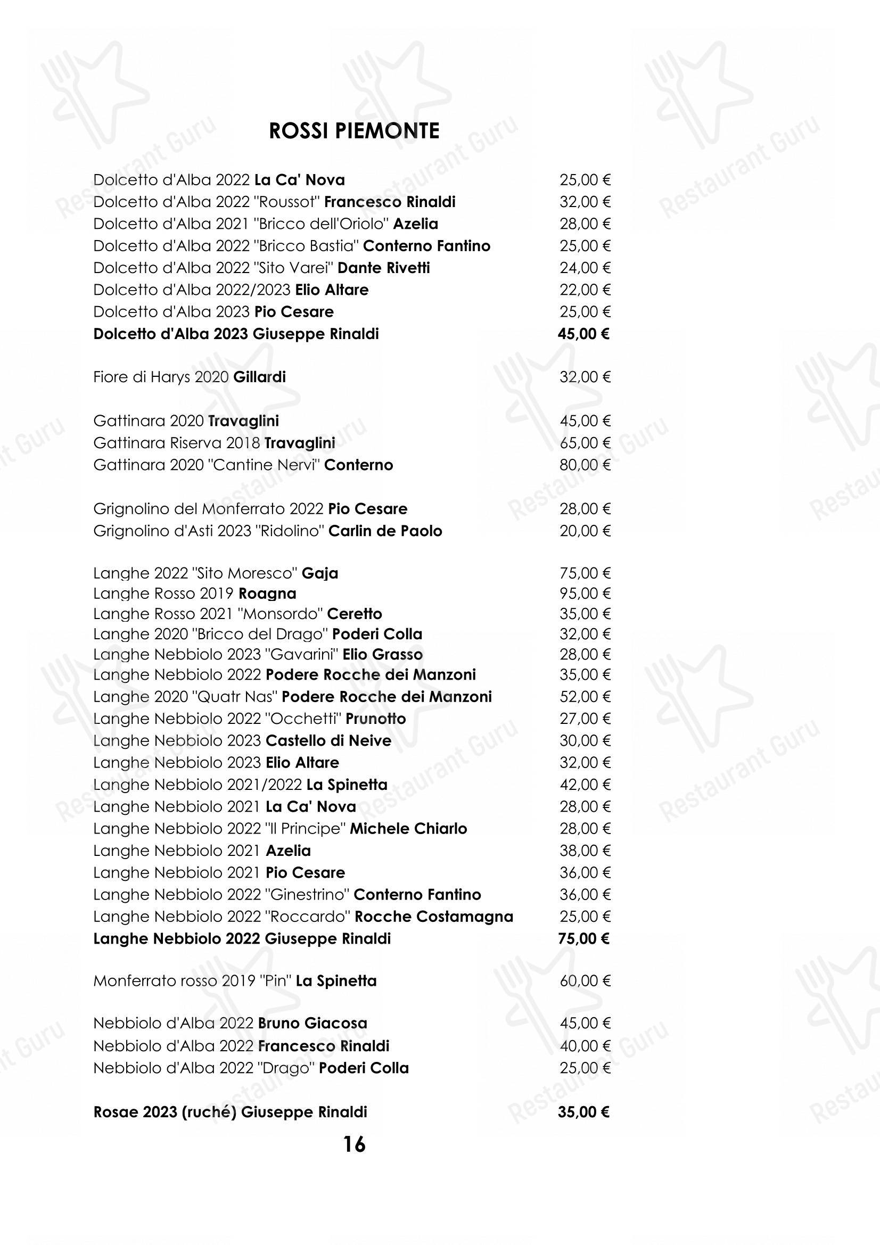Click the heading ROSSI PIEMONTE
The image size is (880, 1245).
pyautogui.click(x=354, y=131)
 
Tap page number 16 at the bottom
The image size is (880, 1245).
pyautogui.click(x=354, y=1144)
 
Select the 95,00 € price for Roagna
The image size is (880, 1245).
pyautogui.click(x=585, y=593)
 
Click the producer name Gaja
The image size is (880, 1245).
pyautogui.click(x=320, y=573)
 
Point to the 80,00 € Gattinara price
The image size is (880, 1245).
pyautogui.click(x=585, y=465)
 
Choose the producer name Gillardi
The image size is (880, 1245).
pyautogui.click(x=259, y=377)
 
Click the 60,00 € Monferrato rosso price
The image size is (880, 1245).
pyautogui.click(x=585, y=980)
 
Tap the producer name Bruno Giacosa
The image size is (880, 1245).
pyautogui.click(x=313, y=1023)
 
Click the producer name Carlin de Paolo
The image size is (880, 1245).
pyautogui.click(x=385, y=531)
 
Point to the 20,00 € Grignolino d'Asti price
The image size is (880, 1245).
pyautogui.click(x=585, y=531)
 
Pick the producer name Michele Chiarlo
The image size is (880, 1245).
pyautogui.click(x=408, y=829)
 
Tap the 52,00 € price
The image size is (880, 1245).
pyautogui.click(x=585, y=697)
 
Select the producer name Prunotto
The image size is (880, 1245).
pyautogui.click(x=376, y=719)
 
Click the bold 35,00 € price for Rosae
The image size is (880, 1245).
pyautogui.click(x=583, y=1112)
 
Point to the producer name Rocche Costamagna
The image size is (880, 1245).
pyautogui.click(x=434, y=917)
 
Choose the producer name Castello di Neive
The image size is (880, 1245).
pyautogui.click(x=328, y=741)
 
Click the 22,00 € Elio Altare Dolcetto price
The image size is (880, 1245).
pyautogui.click(x=585, y=290)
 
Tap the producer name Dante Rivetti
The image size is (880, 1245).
pyautogui.click(x=383, y=268)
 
